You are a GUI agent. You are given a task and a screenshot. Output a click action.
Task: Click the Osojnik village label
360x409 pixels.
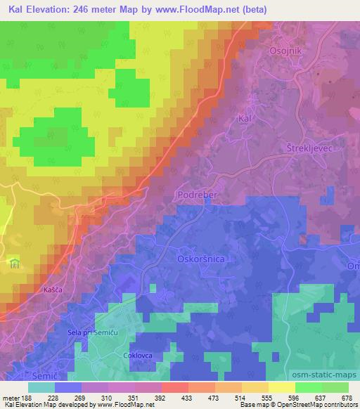tap(285, 51)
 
